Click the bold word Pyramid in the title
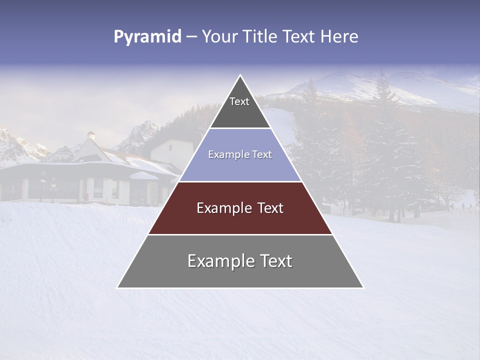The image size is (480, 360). click(x=147, y=37)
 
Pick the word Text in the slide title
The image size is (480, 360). click(x=299, y=37)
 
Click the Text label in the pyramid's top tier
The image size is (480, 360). click(x=239, y=101)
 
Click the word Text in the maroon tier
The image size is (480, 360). click(x=270, y=208)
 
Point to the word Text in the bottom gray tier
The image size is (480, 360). click(x=274, y=261)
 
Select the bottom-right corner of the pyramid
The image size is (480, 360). click(x=363, y=287)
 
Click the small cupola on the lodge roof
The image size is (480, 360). click(x=91, y=135)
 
